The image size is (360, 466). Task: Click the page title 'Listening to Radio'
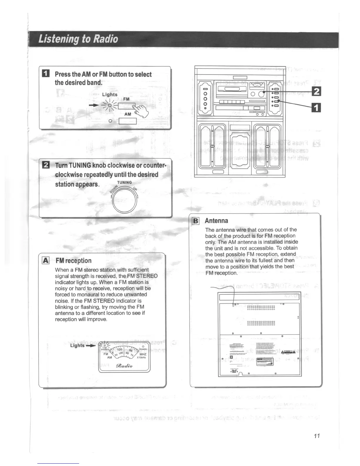78,39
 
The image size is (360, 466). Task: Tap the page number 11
316,436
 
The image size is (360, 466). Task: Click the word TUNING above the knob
124,182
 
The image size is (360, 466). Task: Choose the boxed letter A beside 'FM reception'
46,260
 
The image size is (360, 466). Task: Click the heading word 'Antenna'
216,221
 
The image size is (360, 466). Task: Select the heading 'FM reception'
73,261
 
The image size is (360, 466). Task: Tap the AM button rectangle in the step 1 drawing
128,121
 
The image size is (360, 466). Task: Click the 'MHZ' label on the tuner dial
143,354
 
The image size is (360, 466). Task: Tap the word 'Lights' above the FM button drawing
110,94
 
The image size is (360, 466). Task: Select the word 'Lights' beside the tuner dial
77,345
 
